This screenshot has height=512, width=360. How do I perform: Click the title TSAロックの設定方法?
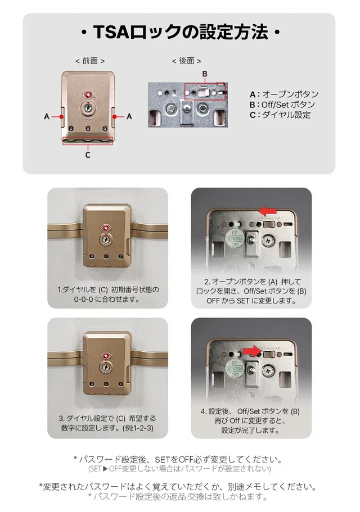(x=181, y=32)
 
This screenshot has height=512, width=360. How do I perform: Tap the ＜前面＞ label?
(x=90, y=61)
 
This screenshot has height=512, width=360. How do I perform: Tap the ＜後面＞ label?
(x=187, y=61)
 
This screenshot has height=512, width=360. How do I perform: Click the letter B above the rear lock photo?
(x=205, y=74)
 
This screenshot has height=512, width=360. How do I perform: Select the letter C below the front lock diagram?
(x=88, y=155)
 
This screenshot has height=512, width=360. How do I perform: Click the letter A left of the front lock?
(x=47, y=116)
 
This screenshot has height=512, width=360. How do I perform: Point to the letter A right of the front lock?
(x=129, y=116)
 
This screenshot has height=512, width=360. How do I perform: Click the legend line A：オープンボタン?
(x=284, y=94)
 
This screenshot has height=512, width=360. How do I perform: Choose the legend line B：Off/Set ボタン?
(x=282, y=105)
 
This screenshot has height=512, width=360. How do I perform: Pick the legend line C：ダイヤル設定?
(x=280, y=115)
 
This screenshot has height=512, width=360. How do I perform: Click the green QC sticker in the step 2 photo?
(x=235, y=238)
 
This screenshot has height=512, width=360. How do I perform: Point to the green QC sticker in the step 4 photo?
(x=235, y=368)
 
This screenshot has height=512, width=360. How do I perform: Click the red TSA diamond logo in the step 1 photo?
(x=106, y=228)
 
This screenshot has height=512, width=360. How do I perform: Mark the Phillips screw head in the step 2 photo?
(x=270, y=241)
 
